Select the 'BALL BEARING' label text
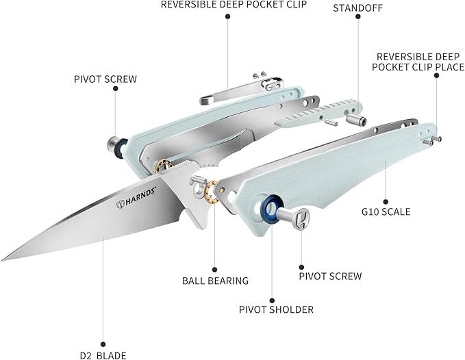pyautogui.click(x=215, y=280)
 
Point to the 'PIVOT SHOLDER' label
pyautogui.click(x=276, y=309)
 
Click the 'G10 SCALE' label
pyautogui.click(x=386, y=211)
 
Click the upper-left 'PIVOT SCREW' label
pyautogui.click(x=105, y=79)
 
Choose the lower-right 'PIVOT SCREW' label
pyautogui.click(x=330, y=277)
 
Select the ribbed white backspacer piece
pyautogui.click(x=315, y=112)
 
